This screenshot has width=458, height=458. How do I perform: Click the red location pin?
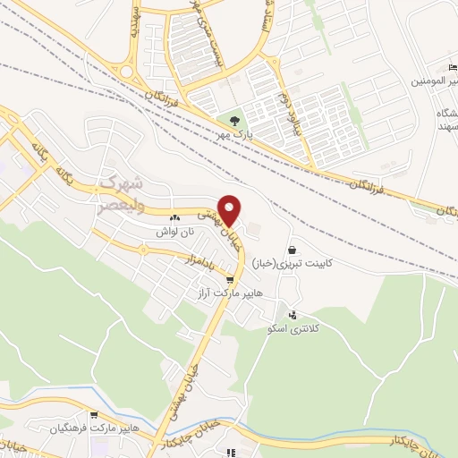click(x=230, y=210)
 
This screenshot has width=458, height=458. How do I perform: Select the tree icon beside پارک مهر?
click(x=234, y=118)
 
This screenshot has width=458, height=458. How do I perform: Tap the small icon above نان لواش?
click(x=175, y=216)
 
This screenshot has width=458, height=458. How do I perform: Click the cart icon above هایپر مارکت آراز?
click(x=230, y=279)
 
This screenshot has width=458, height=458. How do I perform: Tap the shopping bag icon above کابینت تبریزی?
click(x=293, y=250)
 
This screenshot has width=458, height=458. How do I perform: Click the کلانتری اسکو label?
click(x=293, y=329)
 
